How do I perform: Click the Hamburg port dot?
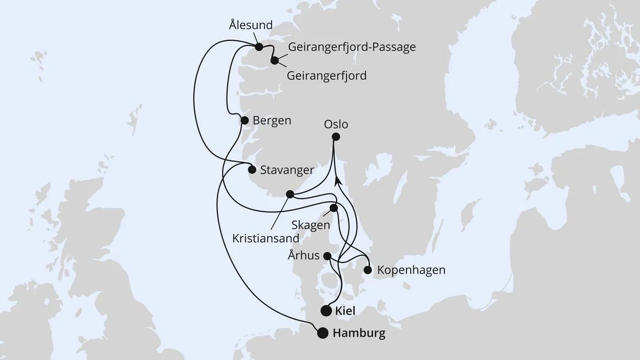323,333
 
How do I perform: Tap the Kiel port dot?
326,311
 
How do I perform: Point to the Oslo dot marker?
336,137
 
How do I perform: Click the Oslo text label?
336,124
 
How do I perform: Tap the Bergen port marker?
245,120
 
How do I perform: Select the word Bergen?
272,120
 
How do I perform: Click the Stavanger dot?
252,170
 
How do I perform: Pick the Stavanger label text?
287,170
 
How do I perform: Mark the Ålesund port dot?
259,47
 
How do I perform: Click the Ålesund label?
251,25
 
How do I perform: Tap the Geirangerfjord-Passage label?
352,47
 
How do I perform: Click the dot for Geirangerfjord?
274,61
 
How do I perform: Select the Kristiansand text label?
266,239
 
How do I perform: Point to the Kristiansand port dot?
290,195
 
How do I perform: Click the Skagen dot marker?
333,208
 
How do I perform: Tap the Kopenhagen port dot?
368,270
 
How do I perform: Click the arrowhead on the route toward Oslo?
338,180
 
